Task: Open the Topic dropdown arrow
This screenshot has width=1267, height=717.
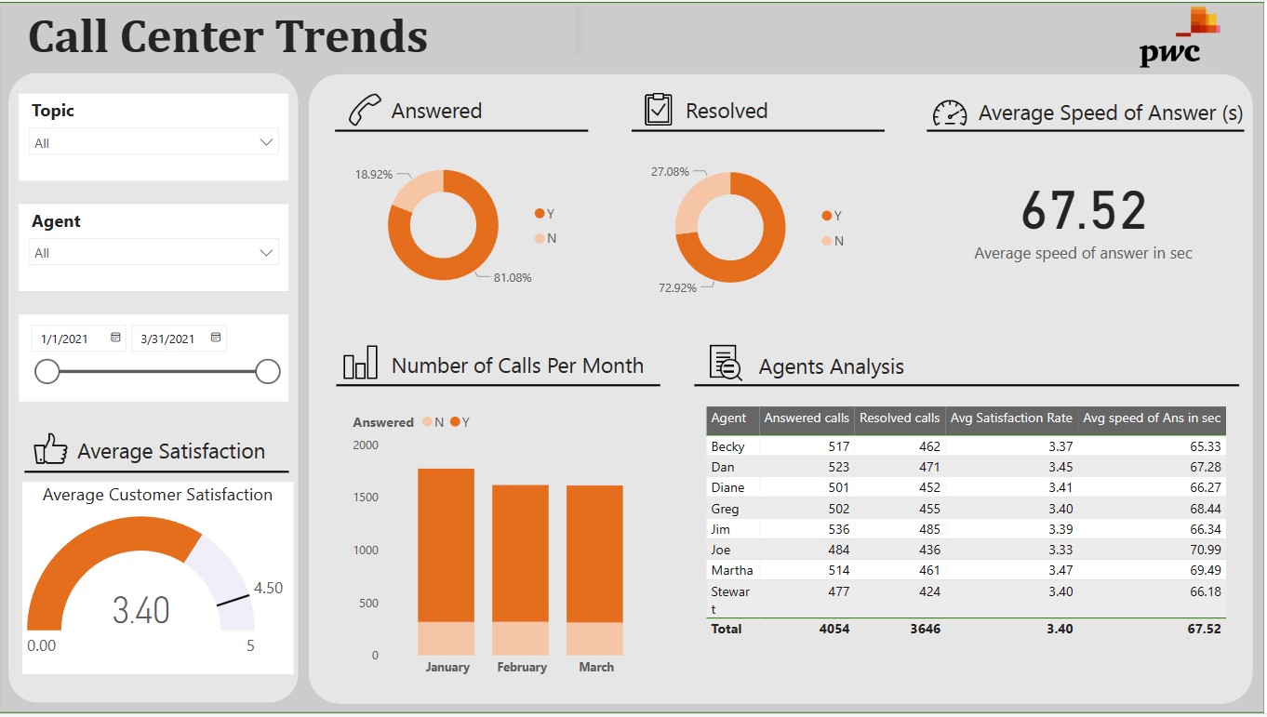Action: coord(267,142)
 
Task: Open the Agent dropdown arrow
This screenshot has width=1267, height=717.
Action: coord(267,253)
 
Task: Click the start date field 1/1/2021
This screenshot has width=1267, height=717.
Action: coord(65,339)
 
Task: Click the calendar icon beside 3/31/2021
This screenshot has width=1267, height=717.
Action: coord(216,338)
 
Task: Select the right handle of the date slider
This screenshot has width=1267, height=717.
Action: coord(268,372)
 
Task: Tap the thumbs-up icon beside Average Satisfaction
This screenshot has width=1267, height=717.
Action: coord(50,449)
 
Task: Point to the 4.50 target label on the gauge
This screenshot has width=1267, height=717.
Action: coord(268,588)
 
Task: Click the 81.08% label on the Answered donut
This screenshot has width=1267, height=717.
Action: coord(513,278)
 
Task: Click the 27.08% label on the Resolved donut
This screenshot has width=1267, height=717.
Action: coord(670,172)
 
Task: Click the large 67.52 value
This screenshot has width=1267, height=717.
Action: coord(1084,210)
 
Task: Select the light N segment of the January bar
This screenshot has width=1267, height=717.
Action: coord(446,638)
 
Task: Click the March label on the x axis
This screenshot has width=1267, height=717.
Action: coord(596,667)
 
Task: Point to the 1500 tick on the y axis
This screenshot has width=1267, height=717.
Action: coord(366,498)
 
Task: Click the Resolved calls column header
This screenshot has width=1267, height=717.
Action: coord(899,418)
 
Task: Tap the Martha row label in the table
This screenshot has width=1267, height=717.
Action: coord(731,570)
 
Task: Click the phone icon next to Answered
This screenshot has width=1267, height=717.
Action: coord(364,110)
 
